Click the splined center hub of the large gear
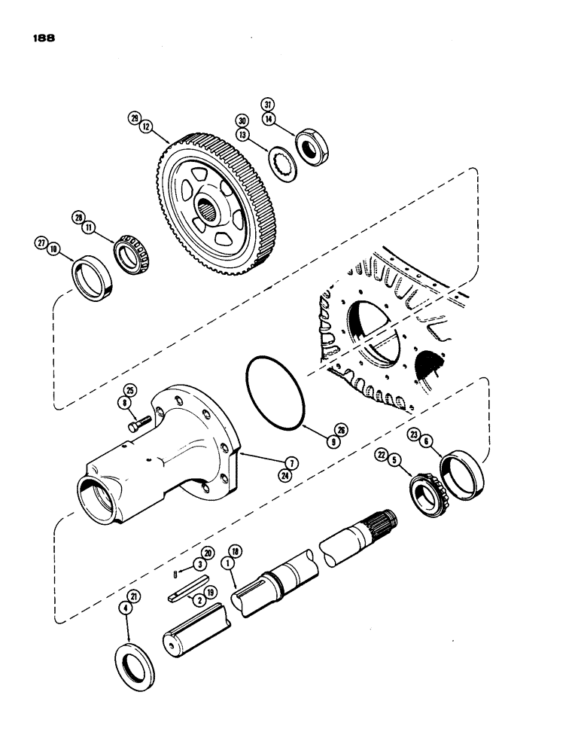tap(213, 208)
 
